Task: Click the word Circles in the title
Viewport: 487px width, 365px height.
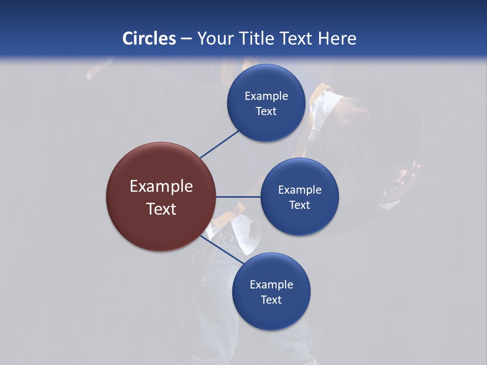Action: click(x=149, y=39)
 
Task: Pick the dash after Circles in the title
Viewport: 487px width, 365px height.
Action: click(x=186, y=39)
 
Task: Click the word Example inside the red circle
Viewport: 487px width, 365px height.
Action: click(x=161, y=187)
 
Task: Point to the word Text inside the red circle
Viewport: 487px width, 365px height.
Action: click(x=161, y=209)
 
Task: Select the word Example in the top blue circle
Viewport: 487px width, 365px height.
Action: click(x=266, y=96)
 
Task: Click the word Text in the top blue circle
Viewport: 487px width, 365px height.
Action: click(x=266, y=112)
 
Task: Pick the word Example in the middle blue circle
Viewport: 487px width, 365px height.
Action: click(x=299, y=190)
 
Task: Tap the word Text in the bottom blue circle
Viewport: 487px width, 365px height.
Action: click(x=271, y=300)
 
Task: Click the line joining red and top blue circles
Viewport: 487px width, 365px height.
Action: click(x=220, y=145)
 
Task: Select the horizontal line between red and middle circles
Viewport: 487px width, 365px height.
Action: click(x=238, y=197)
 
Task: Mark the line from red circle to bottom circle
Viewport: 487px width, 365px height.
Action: click(x=222, y=249)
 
